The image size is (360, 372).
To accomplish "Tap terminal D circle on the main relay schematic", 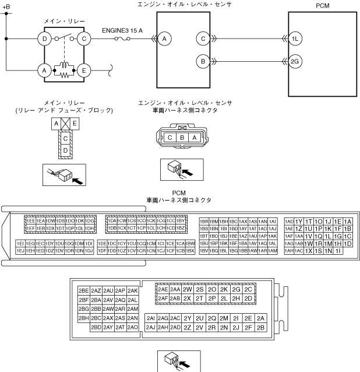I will tap(44, 39).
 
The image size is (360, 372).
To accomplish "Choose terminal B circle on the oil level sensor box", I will tap(203, 61).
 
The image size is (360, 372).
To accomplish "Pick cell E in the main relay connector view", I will tap(75, 124).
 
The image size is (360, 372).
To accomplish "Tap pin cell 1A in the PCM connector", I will tap(347, 222).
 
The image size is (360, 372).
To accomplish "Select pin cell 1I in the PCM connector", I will tap(338, 250).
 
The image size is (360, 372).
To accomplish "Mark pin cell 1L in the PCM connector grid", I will tap(328, 236).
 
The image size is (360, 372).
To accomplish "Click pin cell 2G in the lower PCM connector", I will tap(236, 289).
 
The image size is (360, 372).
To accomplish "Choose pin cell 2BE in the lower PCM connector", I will tap(84, 290).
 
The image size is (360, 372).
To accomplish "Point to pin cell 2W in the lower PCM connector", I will tap(187, 289).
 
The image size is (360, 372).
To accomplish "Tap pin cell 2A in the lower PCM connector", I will tap(260, 318).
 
